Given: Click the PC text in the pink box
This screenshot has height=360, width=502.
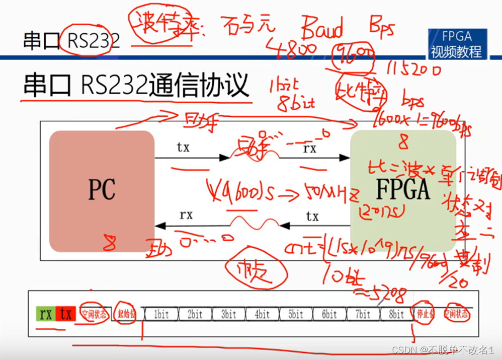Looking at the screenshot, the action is (x=102, y=190).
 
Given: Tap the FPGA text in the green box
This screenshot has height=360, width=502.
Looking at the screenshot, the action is (x=402, y=190).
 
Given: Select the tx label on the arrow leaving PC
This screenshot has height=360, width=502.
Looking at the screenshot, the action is (x=183, y=147).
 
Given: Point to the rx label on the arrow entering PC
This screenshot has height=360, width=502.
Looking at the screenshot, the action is (x=186, y=215).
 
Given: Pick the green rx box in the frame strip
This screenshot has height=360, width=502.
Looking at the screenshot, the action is (x=46, y=314).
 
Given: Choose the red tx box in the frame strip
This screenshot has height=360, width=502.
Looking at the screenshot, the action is (x=66, y=314).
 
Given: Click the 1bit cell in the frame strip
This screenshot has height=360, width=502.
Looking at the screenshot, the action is (x=161, y=315).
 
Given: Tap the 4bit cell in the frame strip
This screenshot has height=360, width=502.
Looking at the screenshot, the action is (x=262, y=315).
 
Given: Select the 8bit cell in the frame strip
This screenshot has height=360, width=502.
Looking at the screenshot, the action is (x=396, y=315).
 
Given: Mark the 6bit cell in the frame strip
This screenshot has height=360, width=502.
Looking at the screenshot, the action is (x=329, y=315).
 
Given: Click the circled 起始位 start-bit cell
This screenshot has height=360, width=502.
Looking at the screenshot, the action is (x=126, y=315).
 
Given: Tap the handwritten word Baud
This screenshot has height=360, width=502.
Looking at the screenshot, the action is (x=322, y=29).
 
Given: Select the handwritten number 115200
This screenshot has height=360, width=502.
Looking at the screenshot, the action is (x=415, y=69).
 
